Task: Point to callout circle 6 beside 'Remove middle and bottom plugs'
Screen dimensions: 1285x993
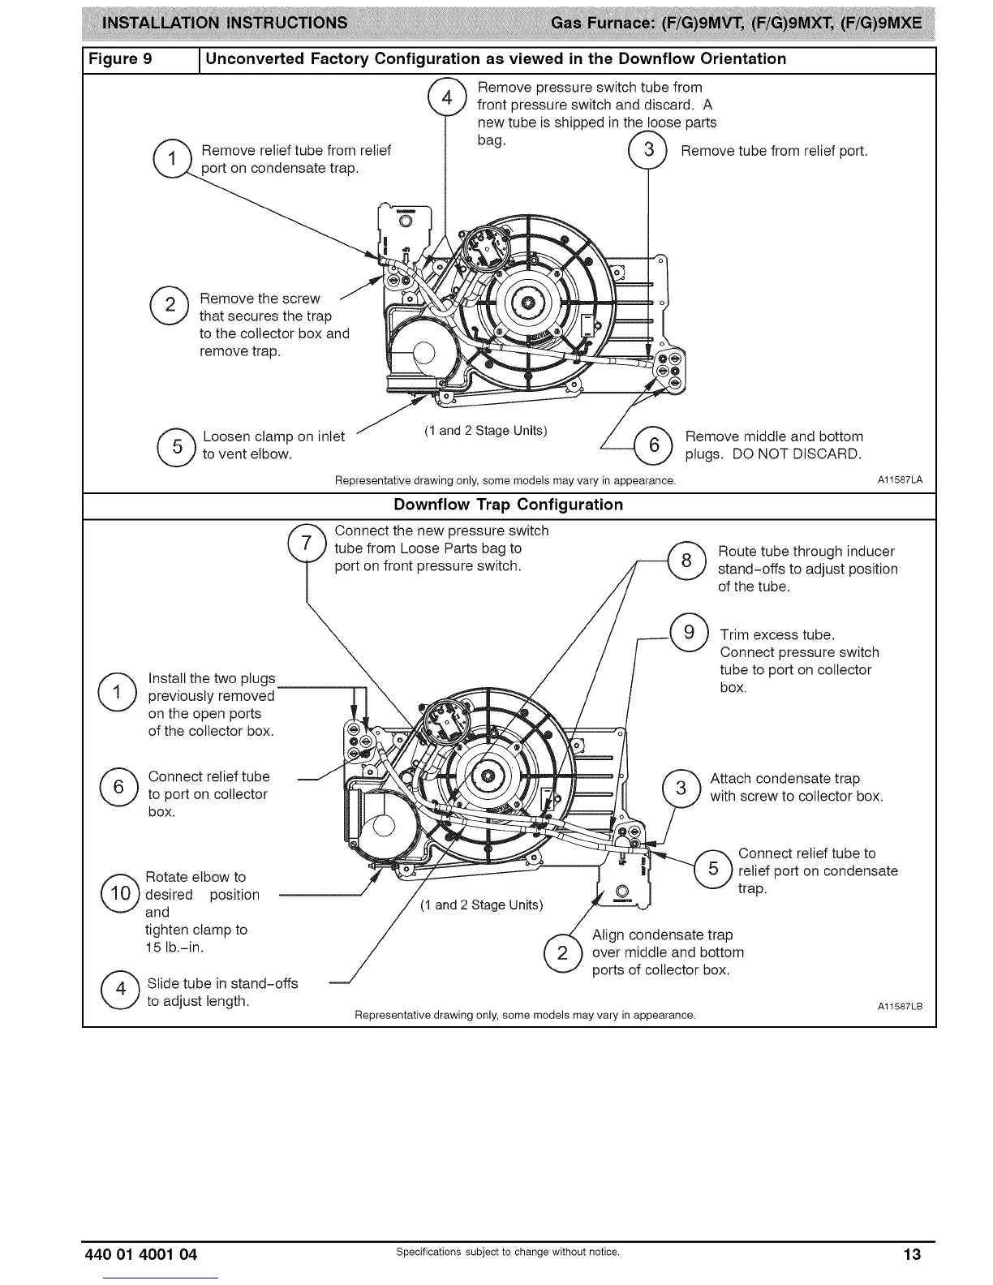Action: [654, 445]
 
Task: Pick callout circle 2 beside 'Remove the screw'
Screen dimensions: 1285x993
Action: [170, 306]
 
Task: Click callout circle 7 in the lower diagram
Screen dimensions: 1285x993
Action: [307, 543]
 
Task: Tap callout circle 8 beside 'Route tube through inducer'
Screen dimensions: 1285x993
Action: [686, 560]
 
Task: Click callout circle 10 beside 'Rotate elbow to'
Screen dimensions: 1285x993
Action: [121, 895]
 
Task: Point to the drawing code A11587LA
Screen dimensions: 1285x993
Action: [900, 481]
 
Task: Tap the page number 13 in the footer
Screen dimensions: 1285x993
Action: [913, 1254]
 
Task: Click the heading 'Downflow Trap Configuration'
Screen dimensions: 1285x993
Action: [508, 505]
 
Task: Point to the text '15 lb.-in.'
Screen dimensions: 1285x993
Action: [174, 948]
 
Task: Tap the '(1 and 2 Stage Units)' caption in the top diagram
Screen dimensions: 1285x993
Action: [485, 430]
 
